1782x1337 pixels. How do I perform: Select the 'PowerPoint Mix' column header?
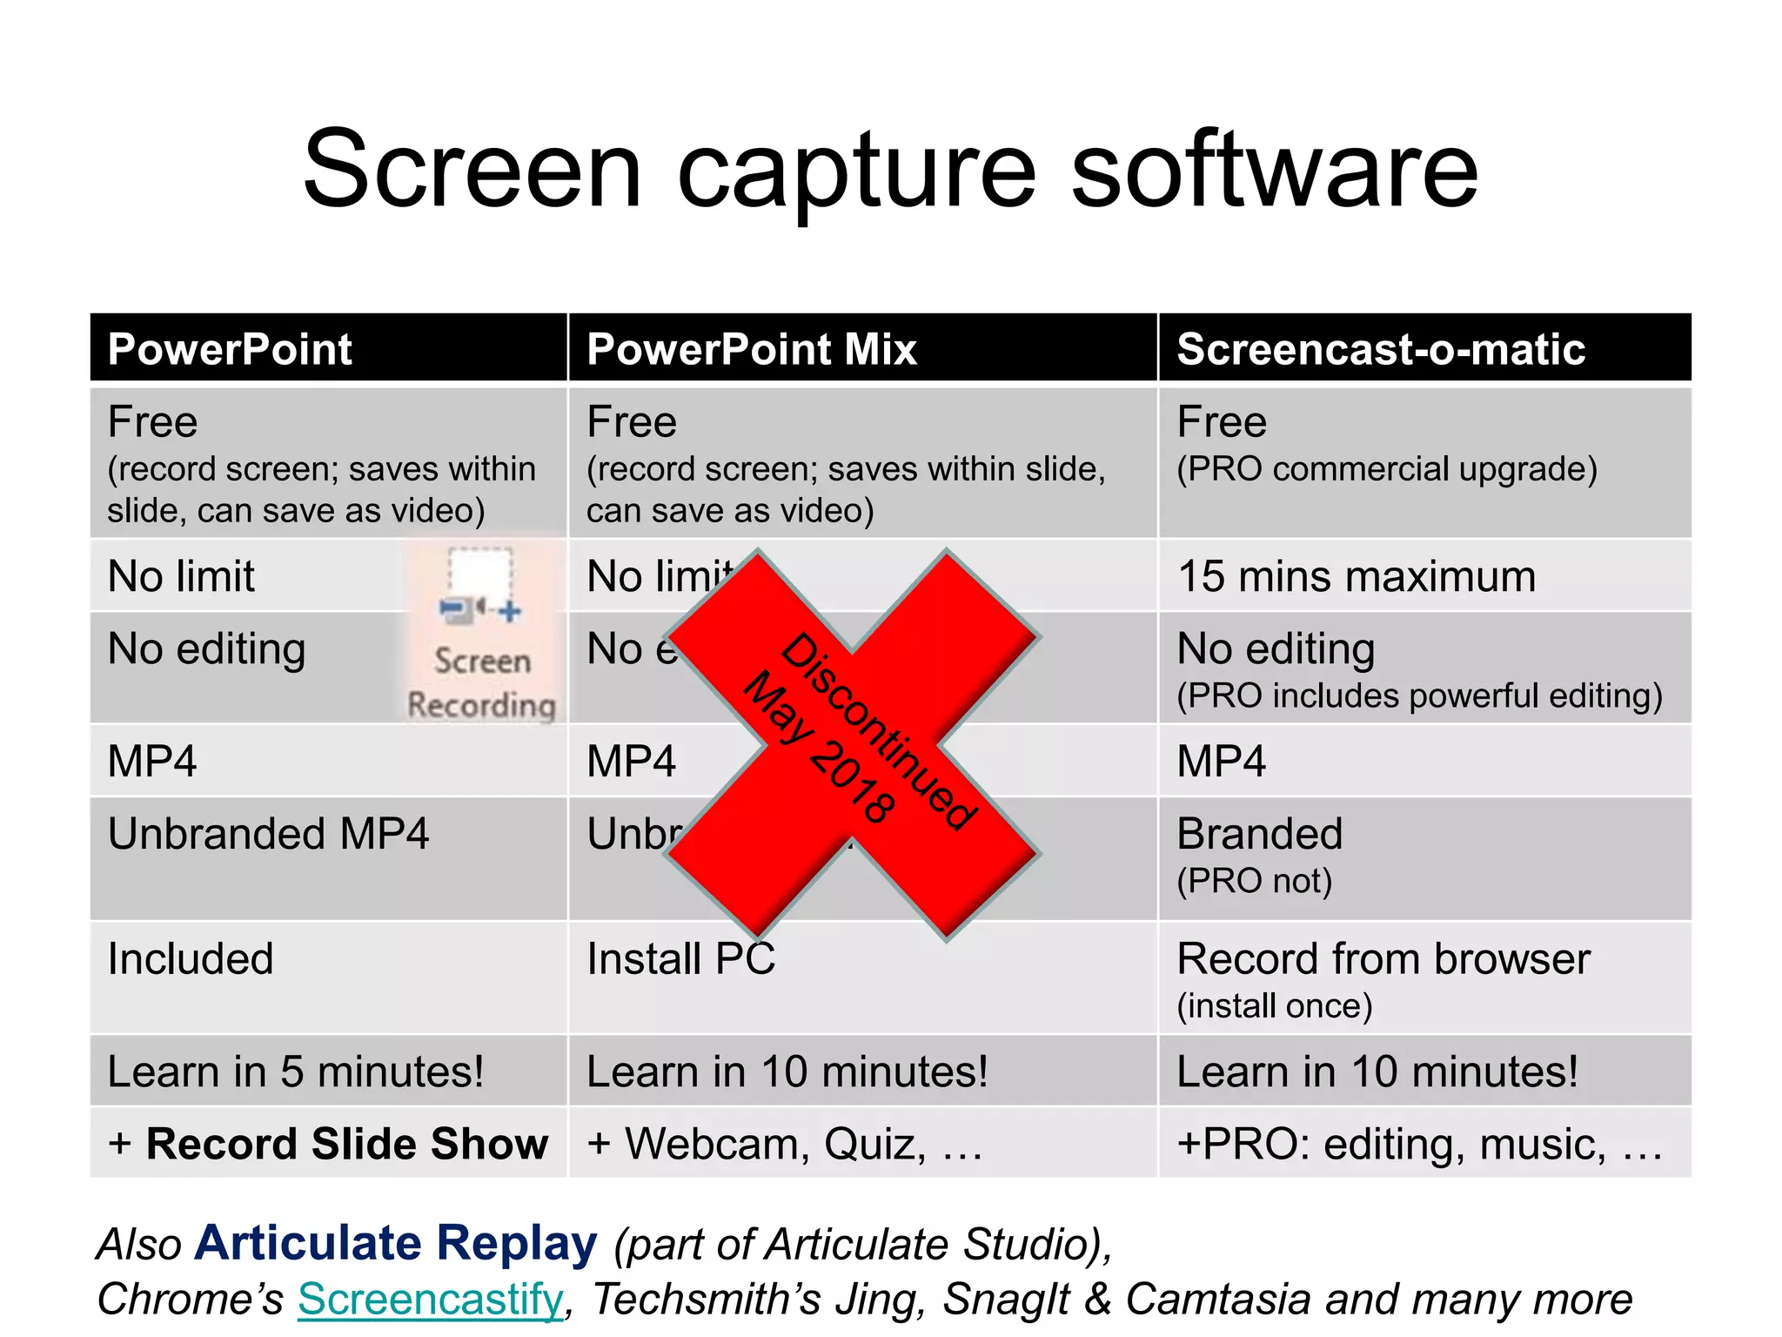(752, 349)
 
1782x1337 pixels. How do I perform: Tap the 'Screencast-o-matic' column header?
(1381, 349)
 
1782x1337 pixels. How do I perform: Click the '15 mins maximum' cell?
(1357, 577)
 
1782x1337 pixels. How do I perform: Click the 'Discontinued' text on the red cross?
(879, 731)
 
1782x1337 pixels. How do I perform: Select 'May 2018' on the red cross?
(818, 747)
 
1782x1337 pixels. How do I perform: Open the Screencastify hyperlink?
(431, 1299)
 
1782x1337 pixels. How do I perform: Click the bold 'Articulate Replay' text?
(396, 1242)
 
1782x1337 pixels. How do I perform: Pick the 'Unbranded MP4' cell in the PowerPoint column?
(268, 834)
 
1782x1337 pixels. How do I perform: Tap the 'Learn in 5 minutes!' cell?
(295, 1072)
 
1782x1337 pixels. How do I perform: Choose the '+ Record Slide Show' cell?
(328, 1144)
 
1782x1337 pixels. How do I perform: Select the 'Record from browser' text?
(1383, 959)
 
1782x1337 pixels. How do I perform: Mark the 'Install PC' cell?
(680, 959)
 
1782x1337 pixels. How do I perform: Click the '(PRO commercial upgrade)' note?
(1387, 469)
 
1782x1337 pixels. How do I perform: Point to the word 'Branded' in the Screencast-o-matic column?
(1259, 834)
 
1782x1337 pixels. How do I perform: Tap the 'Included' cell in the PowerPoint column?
(191, 959)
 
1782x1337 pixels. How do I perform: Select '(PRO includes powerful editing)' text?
(1419, 696)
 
